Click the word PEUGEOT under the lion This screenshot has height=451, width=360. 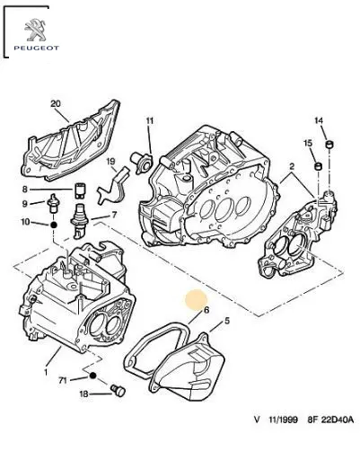point(36,48)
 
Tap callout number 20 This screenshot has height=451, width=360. point(56,104)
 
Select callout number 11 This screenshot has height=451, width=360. point(150,121)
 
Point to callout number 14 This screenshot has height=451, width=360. point(319,120)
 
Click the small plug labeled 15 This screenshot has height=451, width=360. point(319,165)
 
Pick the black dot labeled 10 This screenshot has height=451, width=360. point(54,225)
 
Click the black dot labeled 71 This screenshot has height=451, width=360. point(92,376)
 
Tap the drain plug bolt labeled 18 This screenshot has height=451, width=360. point(118,390)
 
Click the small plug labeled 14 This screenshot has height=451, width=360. point(329,145)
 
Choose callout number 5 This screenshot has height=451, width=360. point(227,321)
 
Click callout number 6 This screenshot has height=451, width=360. point(206,310)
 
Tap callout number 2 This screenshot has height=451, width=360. point(292,166)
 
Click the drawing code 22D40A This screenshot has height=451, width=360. point(338,420)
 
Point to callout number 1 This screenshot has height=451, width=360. point(46,372)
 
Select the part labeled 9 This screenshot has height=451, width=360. point(53,203)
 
